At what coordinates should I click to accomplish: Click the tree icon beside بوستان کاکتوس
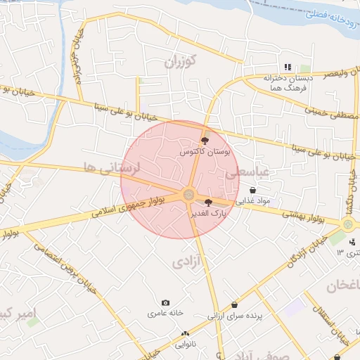[x=205, y=142]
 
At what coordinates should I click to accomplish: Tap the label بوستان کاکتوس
[x=205, y=151]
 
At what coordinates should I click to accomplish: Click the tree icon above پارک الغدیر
[x=207, y=202]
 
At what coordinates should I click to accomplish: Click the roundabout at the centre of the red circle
[x=188, y=195]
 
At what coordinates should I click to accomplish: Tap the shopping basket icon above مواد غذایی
[x=252, y=190]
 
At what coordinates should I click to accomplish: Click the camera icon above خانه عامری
[x=166, y=302]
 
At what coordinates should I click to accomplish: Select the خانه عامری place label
[x=165, y=312]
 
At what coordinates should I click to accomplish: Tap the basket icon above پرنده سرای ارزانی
[x=234, y=306]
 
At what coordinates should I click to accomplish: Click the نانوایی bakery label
[x=186, y=345]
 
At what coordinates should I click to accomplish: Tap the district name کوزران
[x=179, y=61]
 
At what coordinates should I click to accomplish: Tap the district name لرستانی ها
[x=112, y=167]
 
